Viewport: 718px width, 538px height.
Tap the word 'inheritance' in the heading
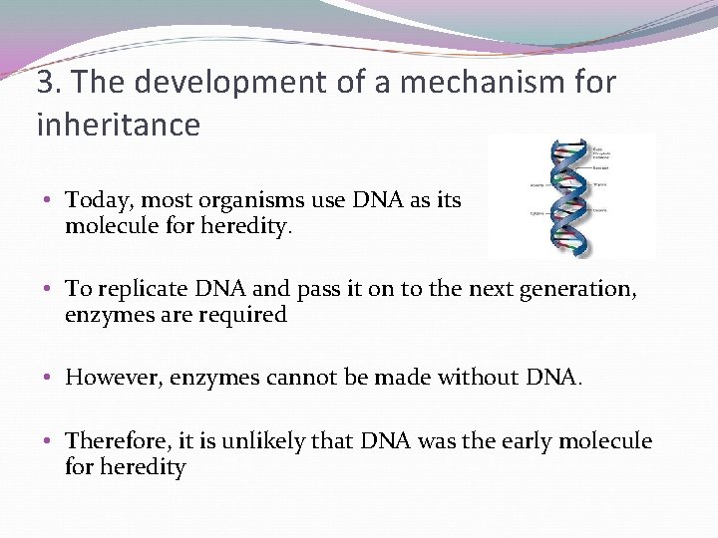coord(119,126)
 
